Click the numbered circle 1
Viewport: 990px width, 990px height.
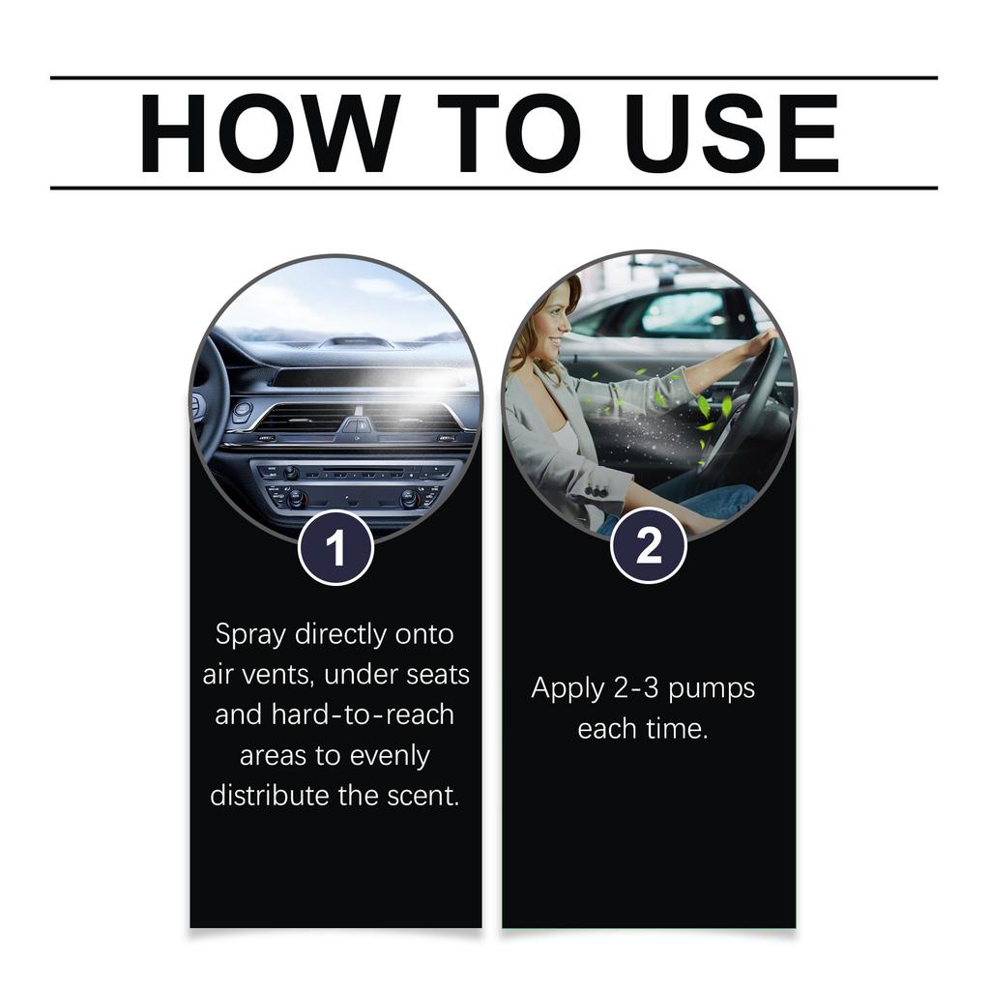click(335, 548)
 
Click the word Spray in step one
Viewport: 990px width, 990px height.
click(250, 635)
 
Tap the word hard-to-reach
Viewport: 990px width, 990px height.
click(362, 714)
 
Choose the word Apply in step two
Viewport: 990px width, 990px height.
click(567, 689)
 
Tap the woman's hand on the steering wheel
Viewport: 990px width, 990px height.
click(763, 340)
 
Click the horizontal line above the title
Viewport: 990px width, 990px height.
click(494, 77)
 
